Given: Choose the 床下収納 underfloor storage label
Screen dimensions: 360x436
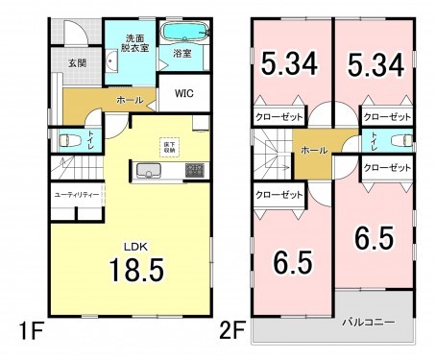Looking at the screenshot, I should [169, 146].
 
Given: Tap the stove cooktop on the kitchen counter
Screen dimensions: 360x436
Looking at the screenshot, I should [193, 171].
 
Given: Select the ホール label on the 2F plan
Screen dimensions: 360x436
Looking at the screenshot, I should [312, 151].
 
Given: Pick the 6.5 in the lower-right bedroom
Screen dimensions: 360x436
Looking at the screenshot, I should [373, 235].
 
